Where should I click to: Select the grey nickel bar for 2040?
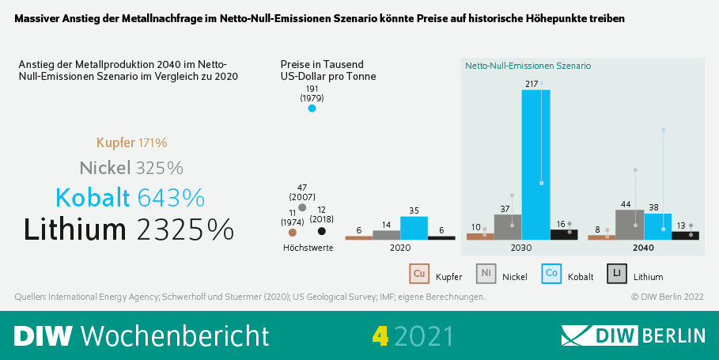(x=629, y=224)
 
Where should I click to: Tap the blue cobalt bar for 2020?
(x=414, y=227)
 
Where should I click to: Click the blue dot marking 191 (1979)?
(x=312, y=108)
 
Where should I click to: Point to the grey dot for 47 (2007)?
(x=302, y=207)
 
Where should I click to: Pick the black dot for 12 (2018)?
(x=321, y=231)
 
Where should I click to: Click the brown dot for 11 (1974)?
(x=293, y=233)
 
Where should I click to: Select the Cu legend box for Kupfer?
(x=419, y=274)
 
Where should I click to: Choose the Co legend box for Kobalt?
(x=551, y=274)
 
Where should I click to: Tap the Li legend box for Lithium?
(x=617, y=274)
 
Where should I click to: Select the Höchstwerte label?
(x=308, y=248)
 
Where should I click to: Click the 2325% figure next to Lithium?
(x=185, y=229)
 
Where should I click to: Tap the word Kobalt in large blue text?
(x=93, y=197)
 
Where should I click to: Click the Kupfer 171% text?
(x=131, y=143)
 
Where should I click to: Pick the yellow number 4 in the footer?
(x=380, y=335)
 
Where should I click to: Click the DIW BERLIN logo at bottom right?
(x=633, y=335)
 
